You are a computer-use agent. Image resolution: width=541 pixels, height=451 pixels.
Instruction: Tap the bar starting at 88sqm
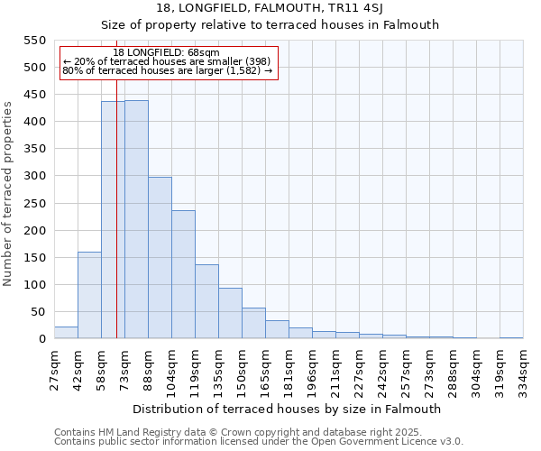[160, 258]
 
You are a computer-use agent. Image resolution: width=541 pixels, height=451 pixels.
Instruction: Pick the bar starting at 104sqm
[183, 274]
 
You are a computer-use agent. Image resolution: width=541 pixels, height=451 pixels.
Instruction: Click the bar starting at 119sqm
[206, 301]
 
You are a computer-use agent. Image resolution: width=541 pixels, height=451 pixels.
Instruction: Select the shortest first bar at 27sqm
[66, 333]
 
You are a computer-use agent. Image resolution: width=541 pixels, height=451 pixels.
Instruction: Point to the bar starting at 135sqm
[230, 313]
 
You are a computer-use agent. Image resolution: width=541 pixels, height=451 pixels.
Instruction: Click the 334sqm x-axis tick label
[523, 369]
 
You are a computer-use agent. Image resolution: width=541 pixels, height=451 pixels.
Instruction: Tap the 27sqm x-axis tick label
[54, 369]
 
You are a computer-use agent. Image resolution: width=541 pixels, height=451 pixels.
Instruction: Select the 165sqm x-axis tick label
[265, 369]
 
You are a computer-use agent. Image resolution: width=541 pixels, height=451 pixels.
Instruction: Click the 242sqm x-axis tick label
[382, 369]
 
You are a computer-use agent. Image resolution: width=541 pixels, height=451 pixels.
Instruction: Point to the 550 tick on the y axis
[34, 41]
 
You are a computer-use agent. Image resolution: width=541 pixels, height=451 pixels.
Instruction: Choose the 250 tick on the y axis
[34, 204]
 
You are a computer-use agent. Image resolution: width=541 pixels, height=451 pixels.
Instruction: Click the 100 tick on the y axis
[34, 285]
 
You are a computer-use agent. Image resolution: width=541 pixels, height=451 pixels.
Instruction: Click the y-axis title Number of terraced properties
[8, 194]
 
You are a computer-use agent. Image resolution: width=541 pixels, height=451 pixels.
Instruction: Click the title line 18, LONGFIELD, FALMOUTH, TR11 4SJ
[270, 8]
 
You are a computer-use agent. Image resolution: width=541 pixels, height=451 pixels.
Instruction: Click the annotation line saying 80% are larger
[167, 70]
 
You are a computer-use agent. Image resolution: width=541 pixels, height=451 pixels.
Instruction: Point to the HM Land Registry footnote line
[232, 432]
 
